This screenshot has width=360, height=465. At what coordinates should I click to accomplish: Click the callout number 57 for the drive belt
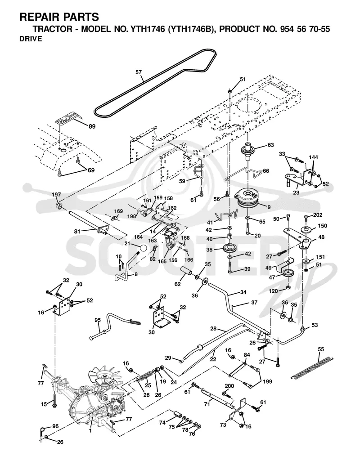pos(139,72)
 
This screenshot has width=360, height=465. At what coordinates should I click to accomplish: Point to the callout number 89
pos(92,126)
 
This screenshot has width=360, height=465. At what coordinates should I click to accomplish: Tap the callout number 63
pos(270,145)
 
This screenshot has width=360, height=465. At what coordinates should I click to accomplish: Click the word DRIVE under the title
pos(31,39)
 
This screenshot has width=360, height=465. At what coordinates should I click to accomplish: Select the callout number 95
pos(98,320)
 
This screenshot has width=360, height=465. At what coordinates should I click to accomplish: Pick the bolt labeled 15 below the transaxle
pos(54,400)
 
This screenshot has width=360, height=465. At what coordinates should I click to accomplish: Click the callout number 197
pos(56,195)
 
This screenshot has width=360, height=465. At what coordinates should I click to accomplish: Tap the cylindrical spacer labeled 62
pos(186,272)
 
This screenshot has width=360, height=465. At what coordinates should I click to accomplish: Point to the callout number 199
pos(267,381)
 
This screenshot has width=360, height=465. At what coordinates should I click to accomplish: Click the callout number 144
pos(313,157)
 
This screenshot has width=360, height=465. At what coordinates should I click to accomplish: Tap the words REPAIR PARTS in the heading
pos(59,17)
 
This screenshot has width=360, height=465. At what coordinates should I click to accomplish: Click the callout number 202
pos(318,215)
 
